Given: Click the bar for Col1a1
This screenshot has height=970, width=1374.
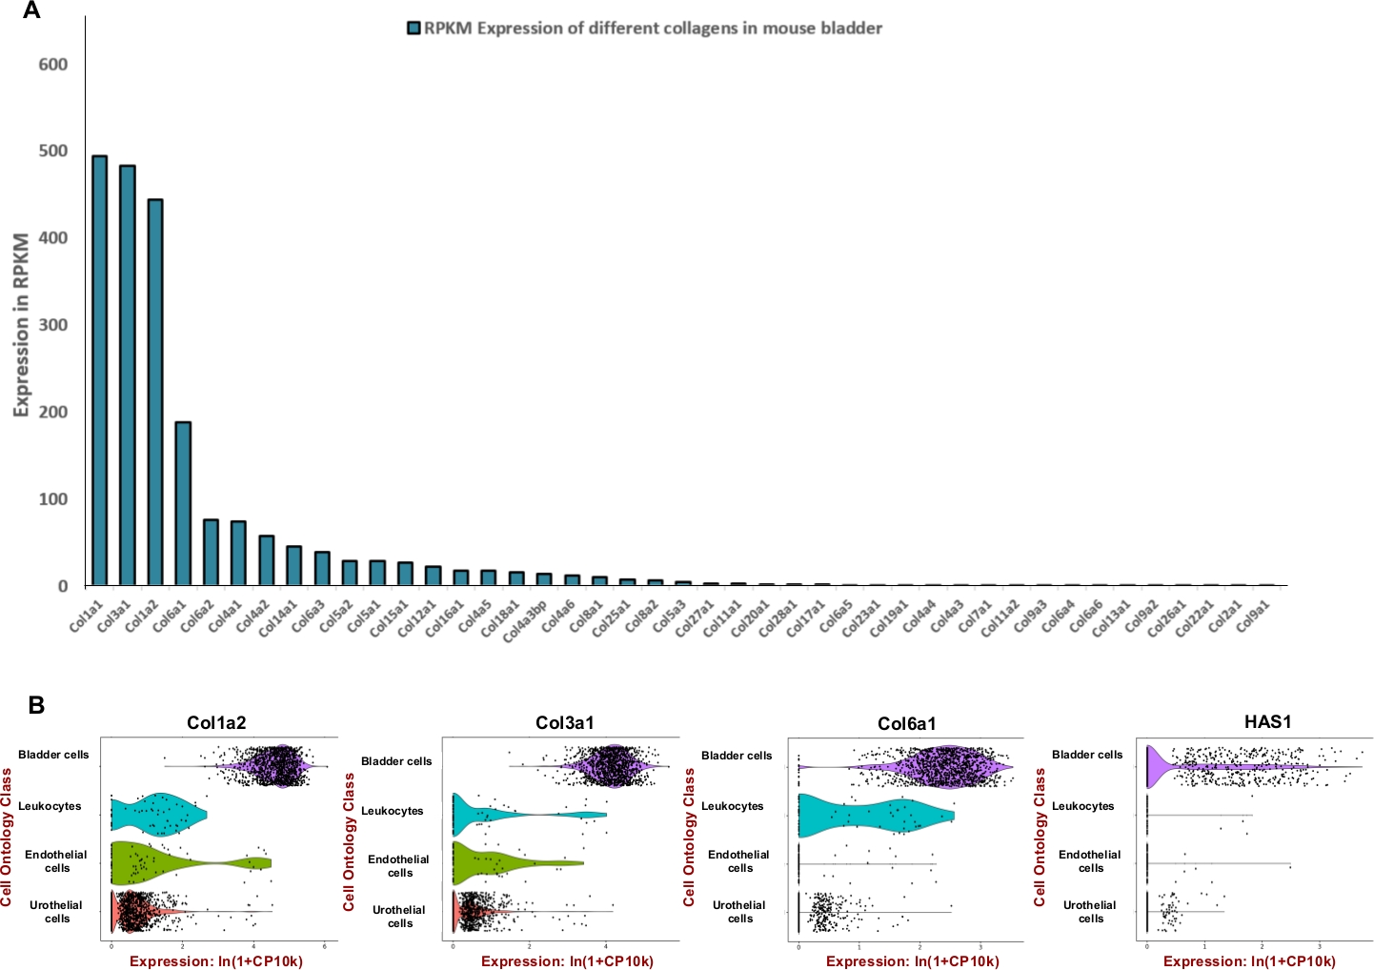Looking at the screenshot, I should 99,372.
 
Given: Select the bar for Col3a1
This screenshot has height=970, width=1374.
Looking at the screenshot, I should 127,376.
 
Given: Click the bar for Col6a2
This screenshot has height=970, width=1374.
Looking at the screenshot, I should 211,553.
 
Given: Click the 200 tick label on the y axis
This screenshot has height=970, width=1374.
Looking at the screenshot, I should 52,412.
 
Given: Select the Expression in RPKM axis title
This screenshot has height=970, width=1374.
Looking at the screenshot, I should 21,325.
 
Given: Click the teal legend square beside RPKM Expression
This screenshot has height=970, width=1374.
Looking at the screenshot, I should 414,28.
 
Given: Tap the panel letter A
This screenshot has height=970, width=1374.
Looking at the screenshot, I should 31,11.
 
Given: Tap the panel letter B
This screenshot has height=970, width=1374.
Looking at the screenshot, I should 36,706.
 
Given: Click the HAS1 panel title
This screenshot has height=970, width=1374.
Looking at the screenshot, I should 1267,721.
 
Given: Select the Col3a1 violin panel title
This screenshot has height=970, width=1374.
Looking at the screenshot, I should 564,722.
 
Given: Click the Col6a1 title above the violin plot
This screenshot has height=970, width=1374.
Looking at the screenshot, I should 906,724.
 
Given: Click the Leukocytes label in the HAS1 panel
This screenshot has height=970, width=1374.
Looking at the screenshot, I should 1082,806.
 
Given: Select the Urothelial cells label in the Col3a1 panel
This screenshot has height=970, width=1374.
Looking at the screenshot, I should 399,917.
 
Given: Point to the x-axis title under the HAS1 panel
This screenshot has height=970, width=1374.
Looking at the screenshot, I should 1248,961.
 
